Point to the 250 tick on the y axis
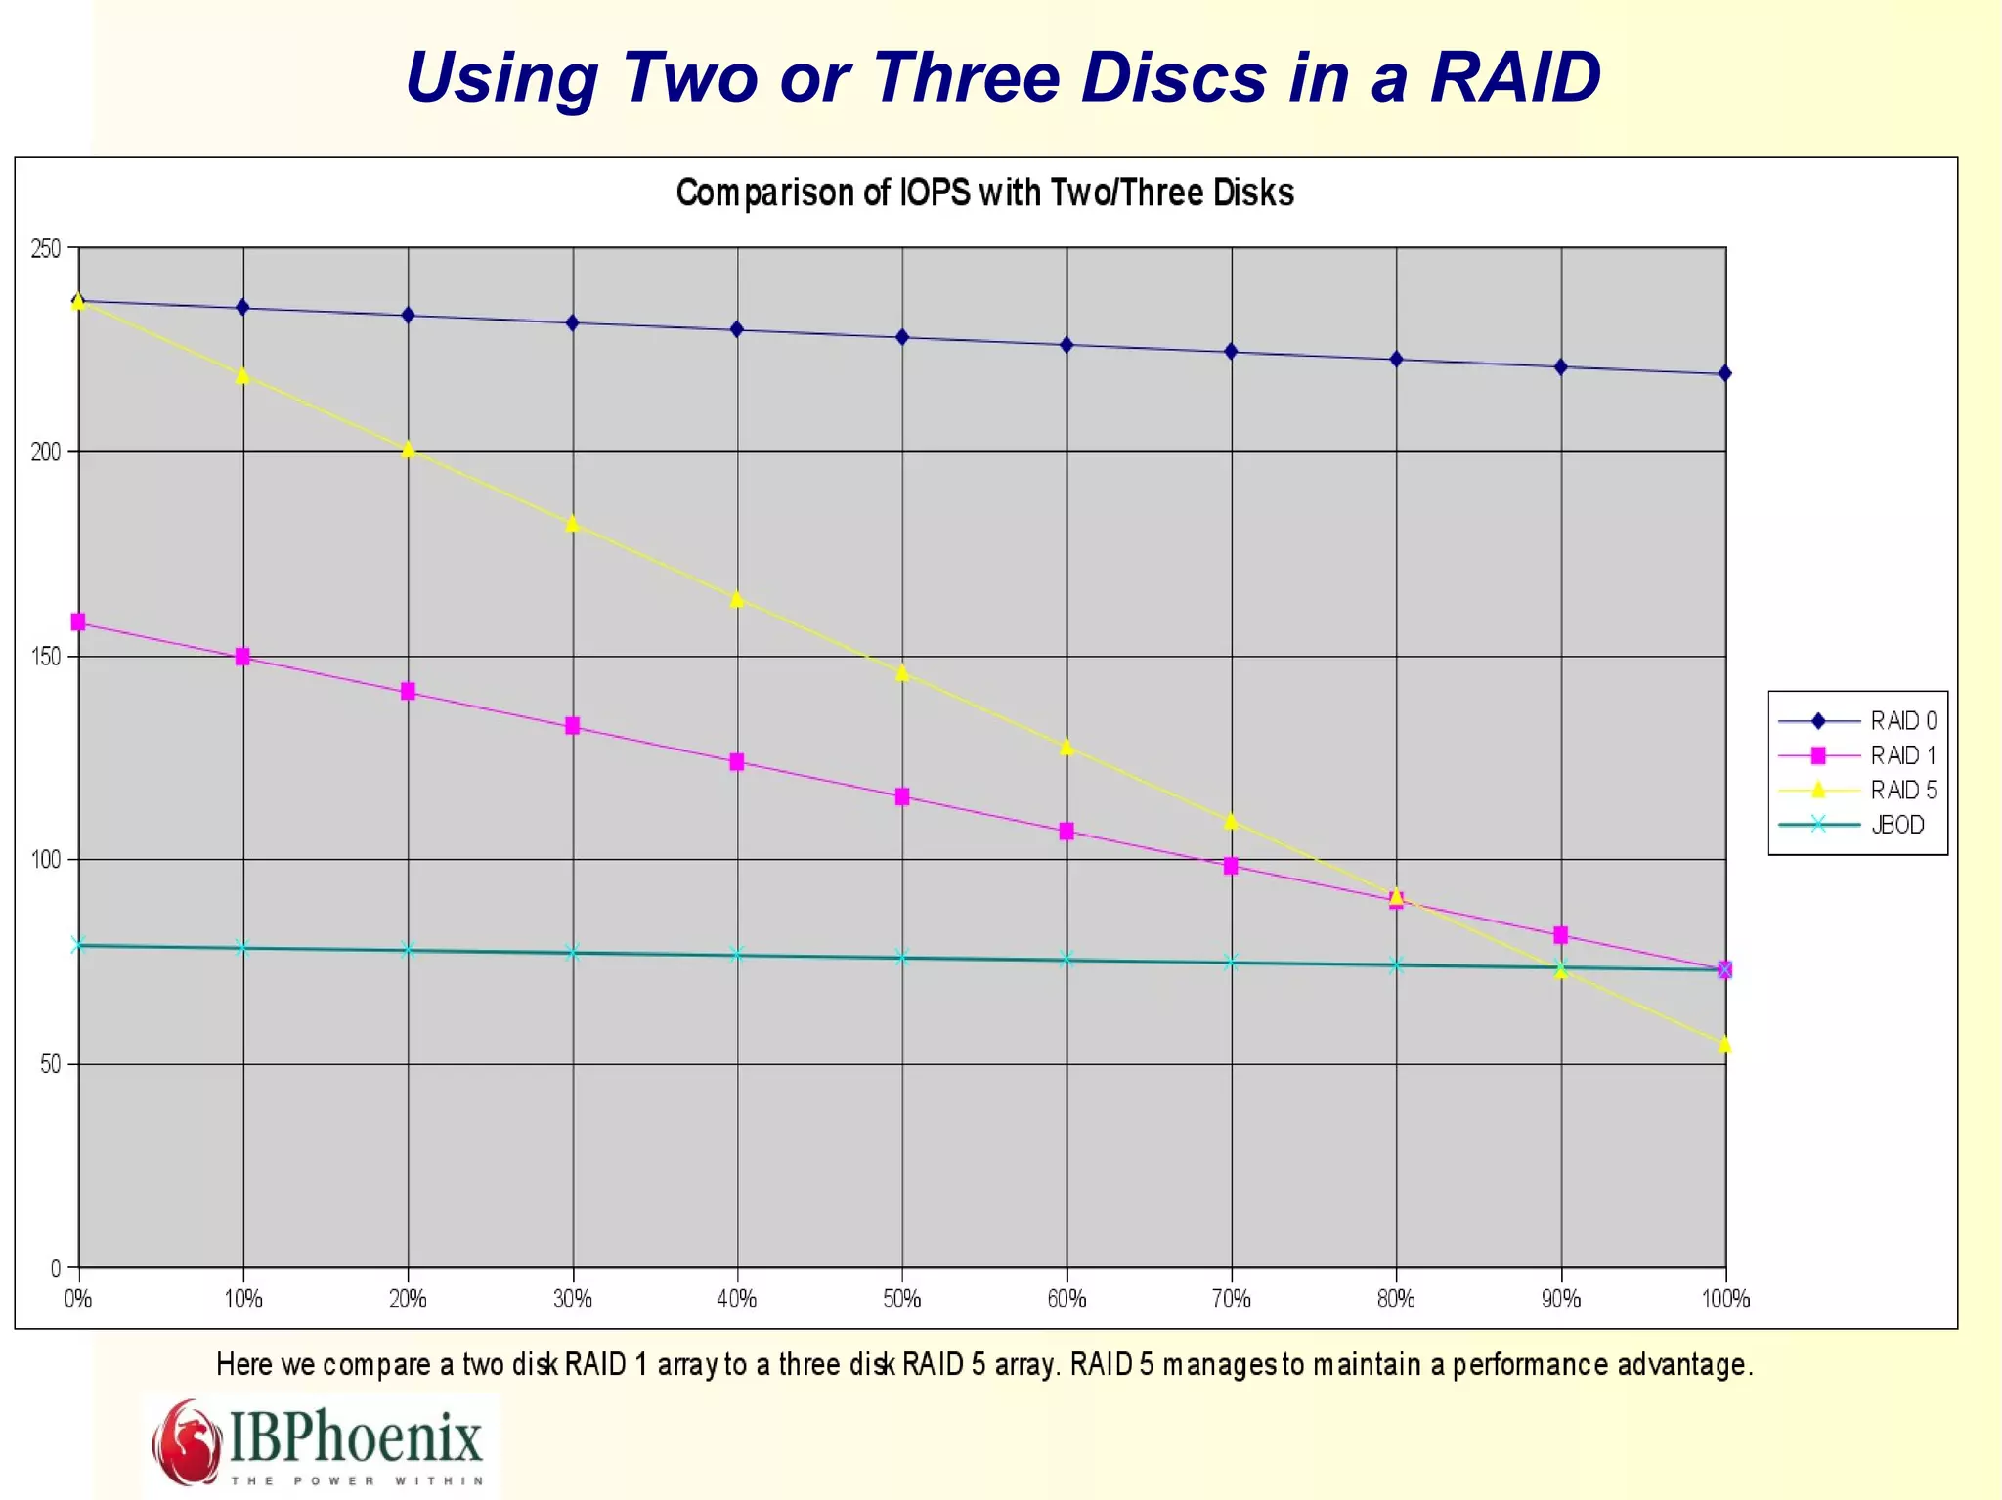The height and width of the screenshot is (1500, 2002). [x=45, y=249]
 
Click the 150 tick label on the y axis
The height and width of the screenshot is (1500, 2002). [x=45, y=657]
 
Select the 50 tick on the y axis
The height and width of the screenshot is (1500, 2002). [x=50, y=1064]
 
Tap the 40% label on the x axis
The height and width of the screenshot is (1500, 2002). [x=737, y=1299]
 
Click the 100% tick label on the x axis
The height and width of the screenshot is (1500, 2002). [x=1725, y=1299]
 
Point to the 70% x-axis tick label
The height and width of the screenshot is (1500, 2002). [x=1231, y=1299]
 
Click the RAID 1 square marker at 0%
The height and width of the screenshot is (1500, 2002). [x=78, y=622]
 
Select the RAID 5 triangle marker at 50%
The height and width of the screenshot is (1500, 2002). [x=902, y=673]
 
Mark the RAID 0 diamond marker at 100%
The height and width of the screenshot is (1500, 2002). [x=1725, y=373]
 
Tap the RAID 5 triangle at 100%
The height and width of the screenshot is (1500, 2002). [x=1725, y=1045]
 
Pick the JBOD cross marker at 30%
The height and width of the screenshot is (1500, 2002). [x=573, y=952]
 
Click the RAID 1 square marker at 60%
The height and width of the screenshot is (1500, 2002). [x=1066, y=832]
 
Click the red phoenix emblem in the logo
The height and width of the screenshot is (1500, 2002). [x=187, y=1441]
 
